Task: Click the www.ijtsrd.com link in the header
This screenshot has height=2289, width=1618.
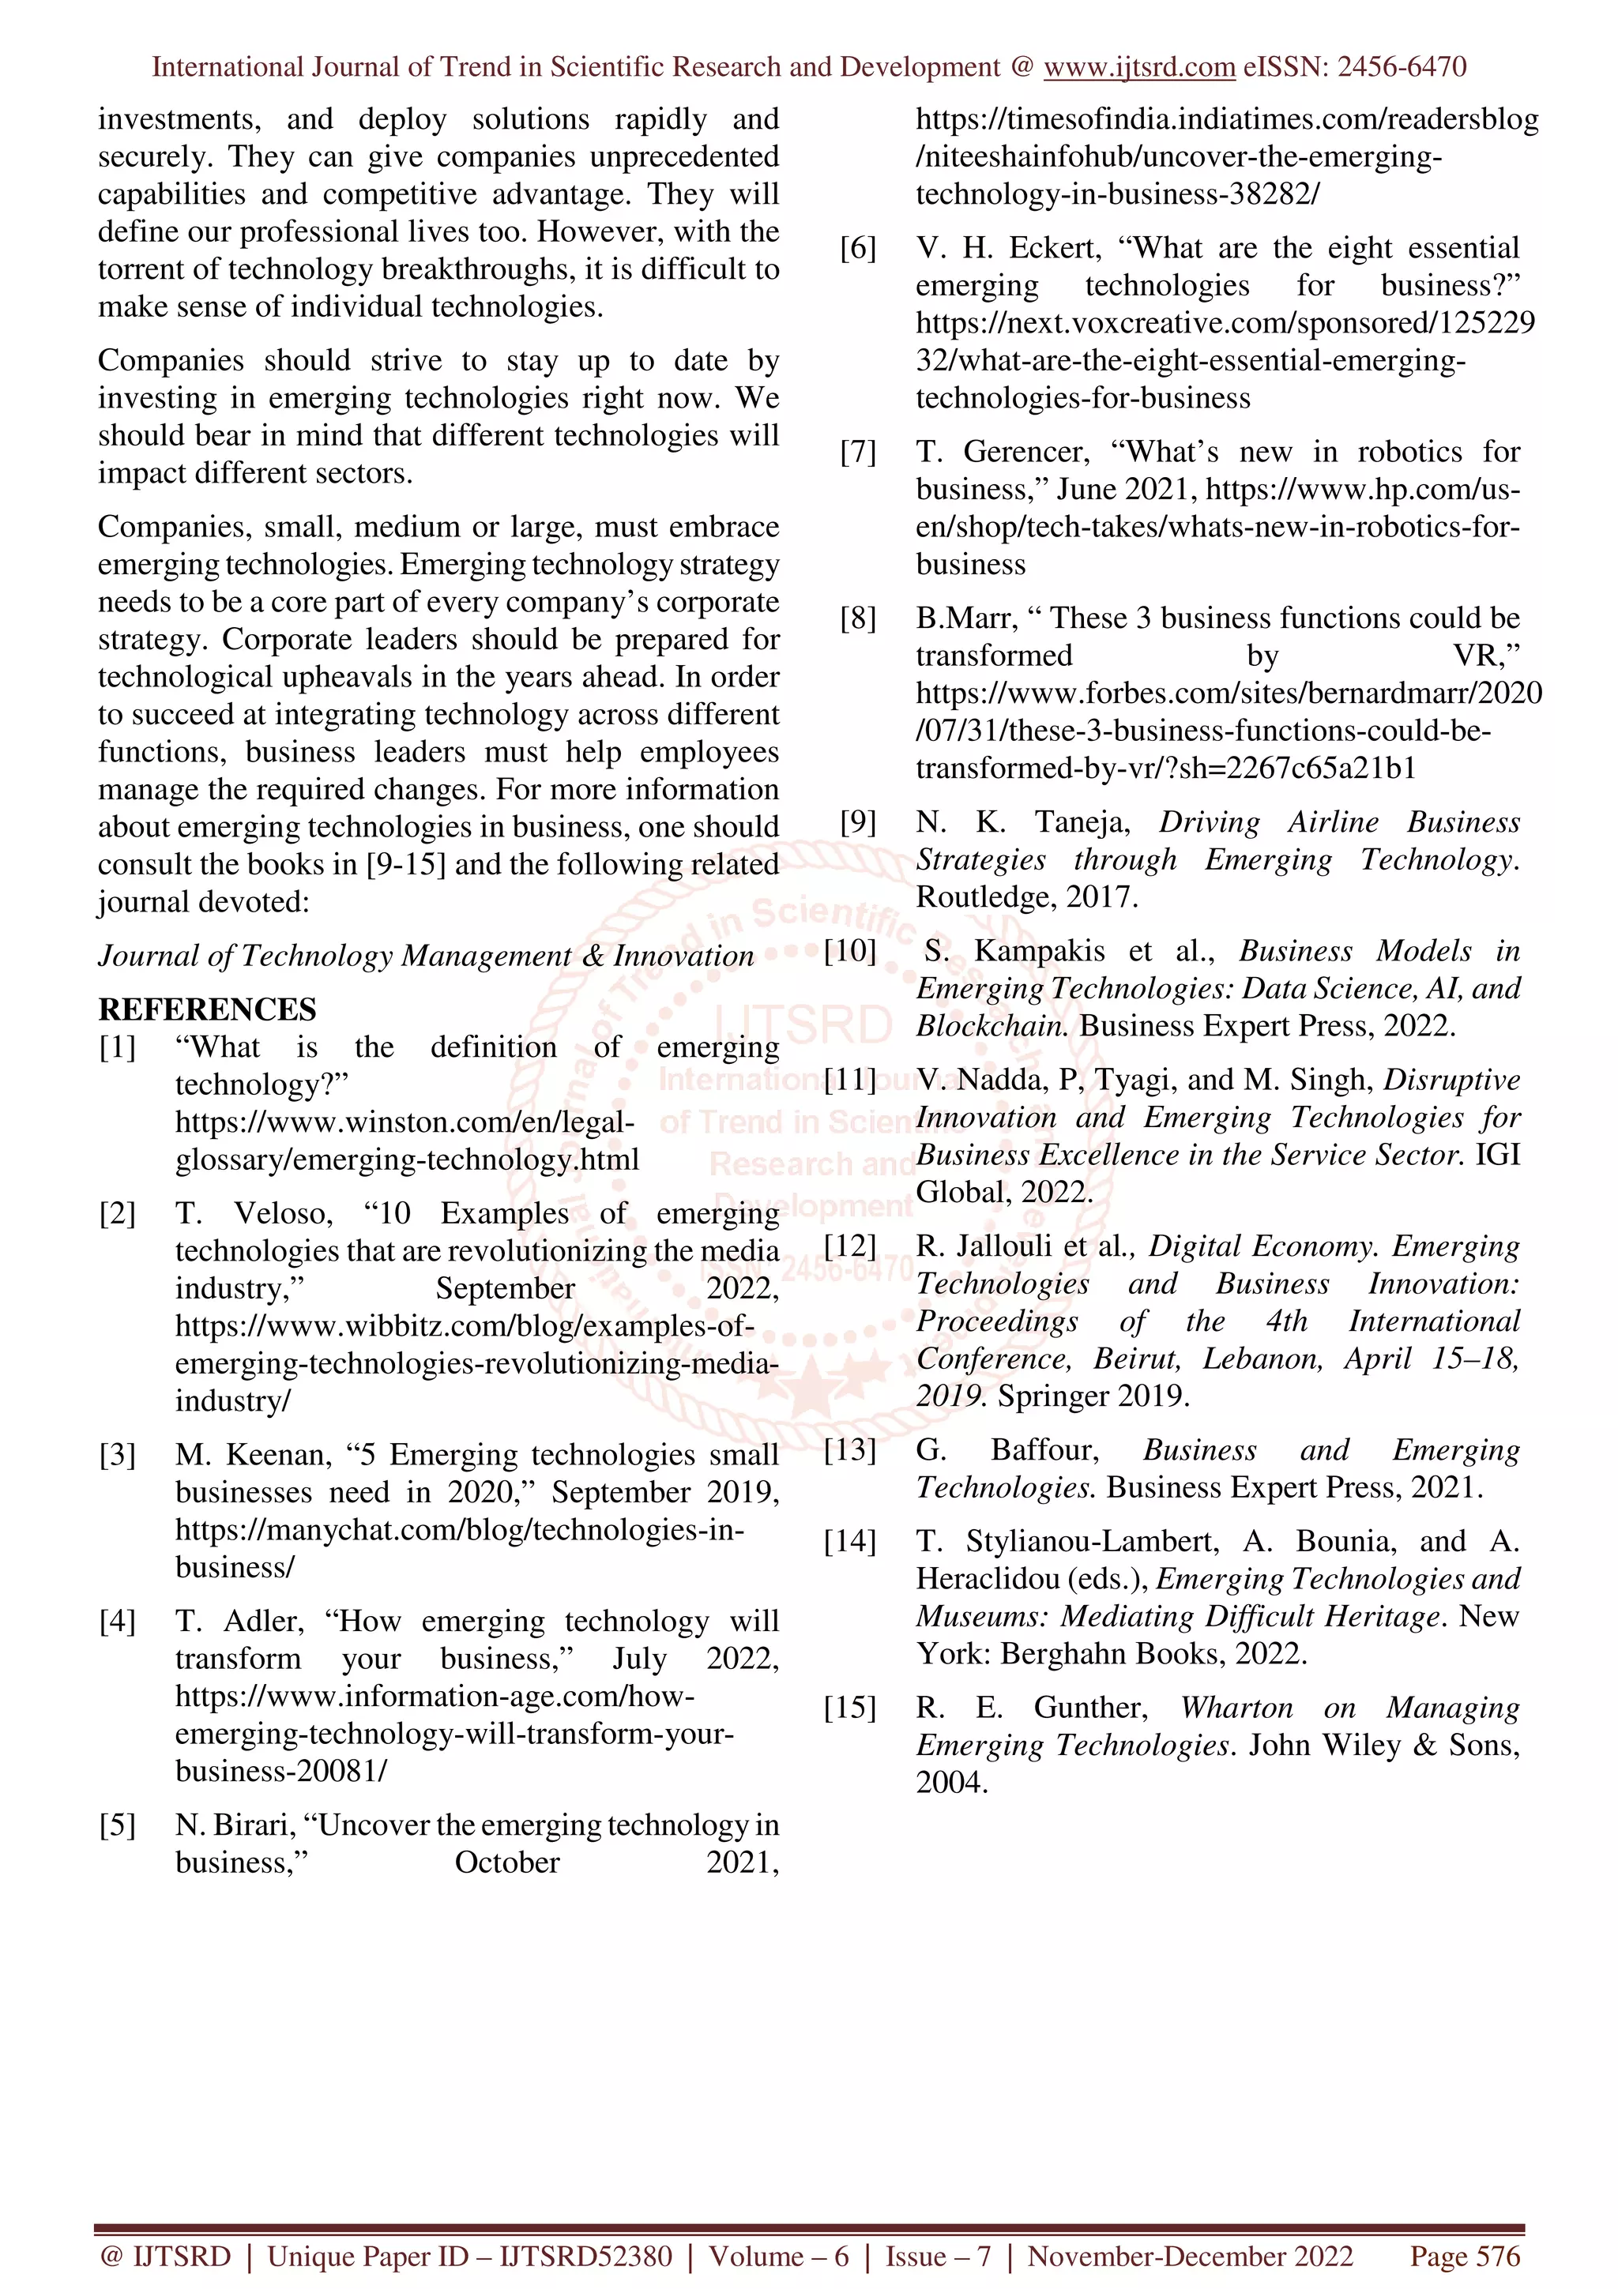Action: click(x=1138, y=68)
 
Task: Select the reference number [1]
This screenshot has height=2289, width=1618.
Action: click(x=117, y=1048)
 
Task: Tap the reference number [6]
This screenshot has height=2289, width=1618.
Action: click(x=857, y=248)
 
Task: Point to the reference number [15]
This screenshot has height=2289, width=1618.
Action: click(x=849, y=1708)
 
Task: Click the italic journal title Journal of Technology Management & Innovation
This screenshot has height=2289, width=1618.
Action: click(x=426, y=956)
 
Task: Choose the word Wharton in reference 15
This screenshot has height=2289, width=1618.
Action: click(x=1236, y=1708)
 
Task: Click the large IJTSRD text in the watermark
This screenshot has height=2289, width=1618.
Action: click(x=803, y=1027)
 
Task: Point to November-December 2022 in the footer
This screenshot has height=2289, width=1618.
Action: click(x=1191, y=2256)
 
